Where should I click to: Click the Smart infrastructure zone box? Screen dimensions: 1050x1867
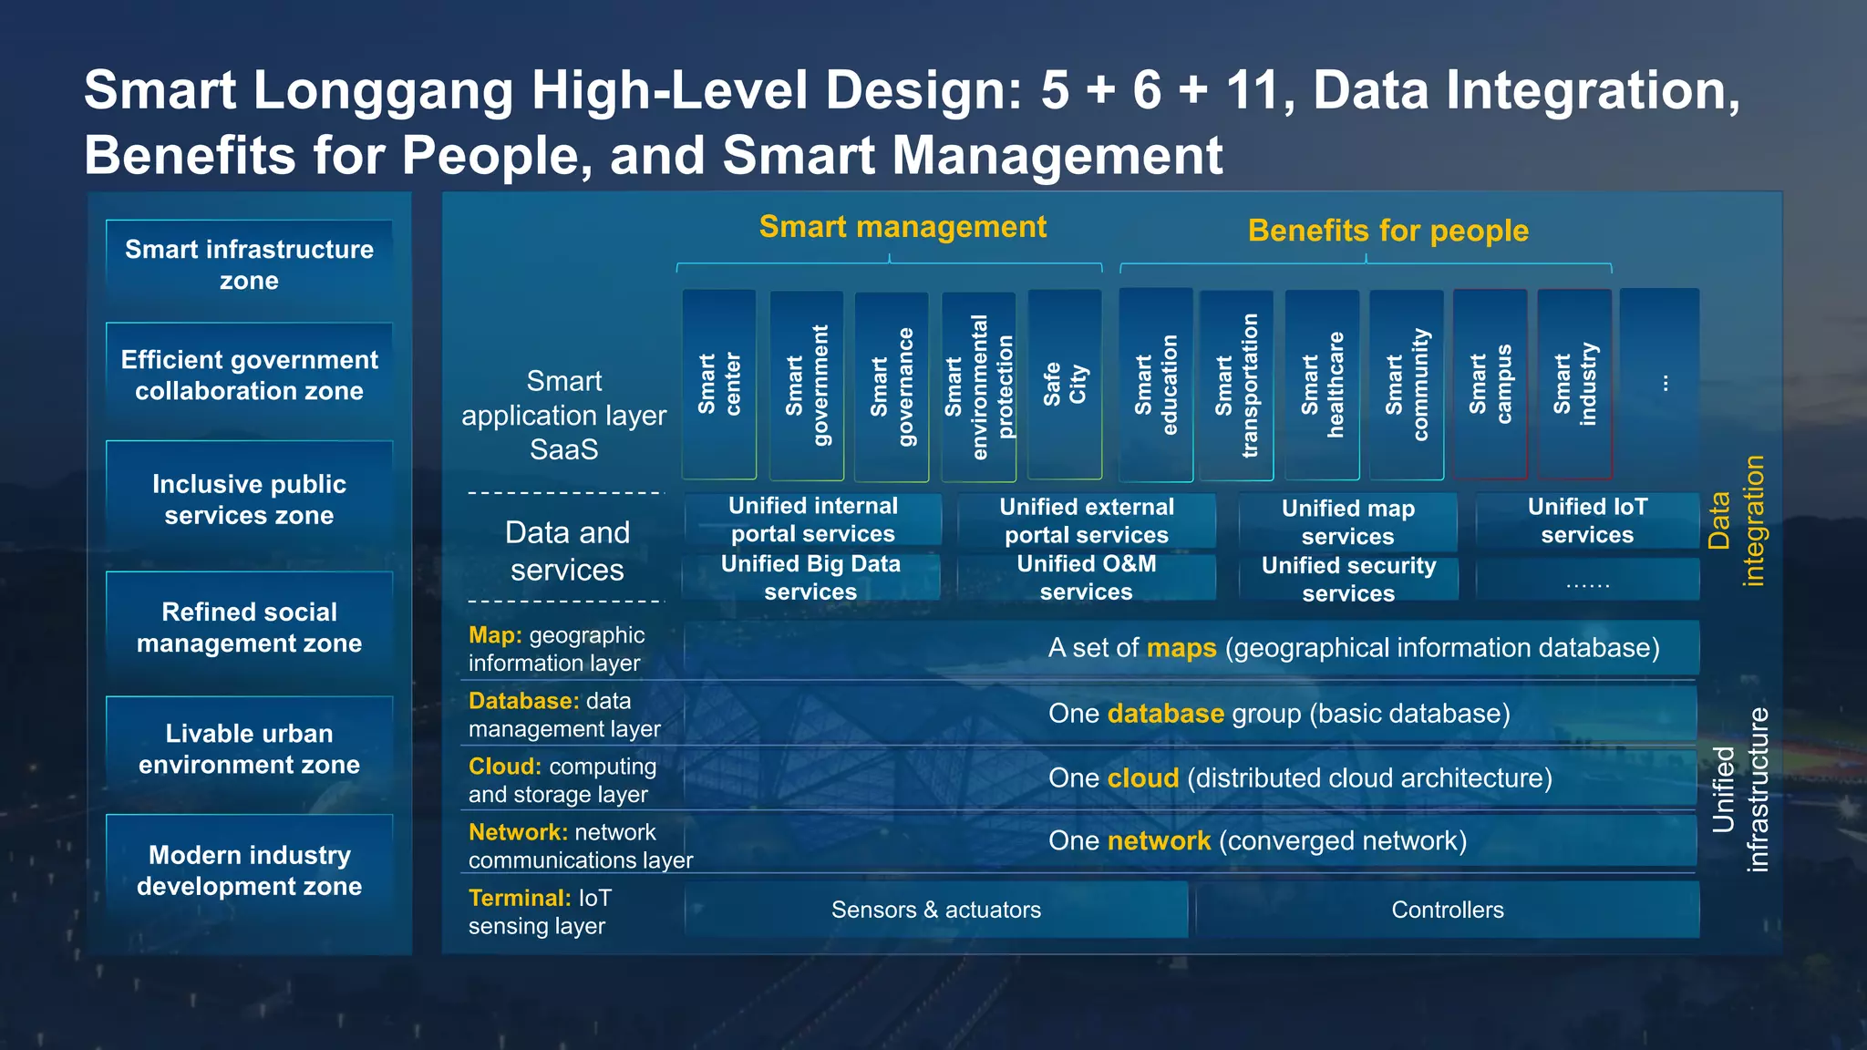[x=249, y=264]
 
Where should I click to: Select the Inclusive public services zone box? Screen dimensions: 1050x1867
[x=249, y=499]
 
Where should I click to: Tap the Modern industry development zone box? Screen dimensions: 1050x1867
[x=249, y=870]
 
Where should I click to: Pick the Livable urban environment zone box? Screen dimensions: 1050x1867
[x=249, y=748]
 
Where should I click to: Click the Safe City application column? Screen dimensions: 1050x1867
[x=1065, y=385]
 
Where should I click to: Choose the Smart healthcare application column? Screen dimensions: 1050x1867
[x=1322, y=385]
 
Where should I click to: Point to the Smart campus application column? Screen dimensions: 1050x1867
[x=1491, y=385]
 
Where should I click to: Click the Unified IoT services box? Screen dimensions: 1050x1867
[x=1587, y=520]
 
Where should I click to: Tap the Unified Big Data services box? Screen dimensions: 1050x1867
[x=810, y=578]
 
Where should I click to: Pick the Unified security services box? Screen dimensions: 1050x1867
[x=1348, y=579]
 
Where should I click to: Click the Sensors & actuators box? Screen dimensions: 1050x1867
[x=936, y=910]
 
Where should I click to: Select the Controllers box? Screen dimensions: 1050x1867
[x=1448, y=910]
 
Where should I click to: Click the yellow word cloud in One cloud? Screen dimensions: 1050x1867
[x=1143, y=778]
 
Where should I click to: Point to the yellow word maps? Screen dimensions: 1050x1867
[x=1181, y=648]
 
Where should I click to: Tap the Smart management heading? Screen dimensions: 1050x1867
[x=903, y=227]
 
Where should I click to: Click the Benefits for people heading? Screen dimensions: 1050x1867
[x=1387, y=231]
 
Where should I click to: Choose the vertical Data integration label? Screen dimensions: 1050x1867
[x=1737, y=520]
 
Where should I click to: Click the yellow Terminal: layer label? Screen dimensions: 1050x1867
[x=520, y=898]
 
